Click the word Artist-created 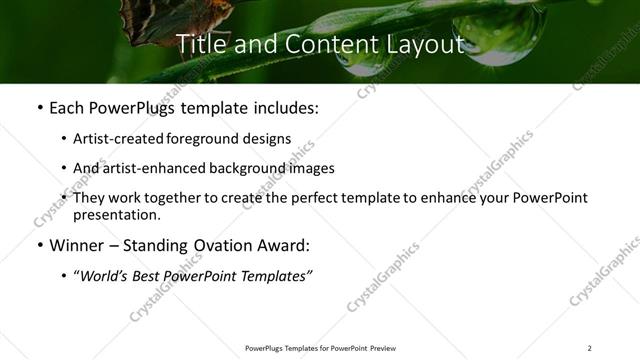pyautogui.click(x=110, y=138)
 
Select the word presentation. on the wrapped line pyautogui.click(x=116, y=214)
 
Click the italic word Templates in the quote pyautogui.click(x=275, y=276)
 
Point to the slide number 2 pyautogui.click(x=589, y=348)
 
